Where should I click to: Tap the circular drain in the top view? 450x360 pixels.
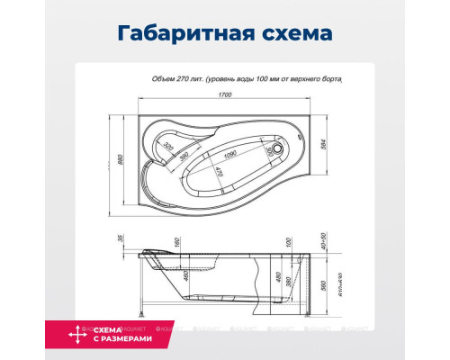coord(282,148)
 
